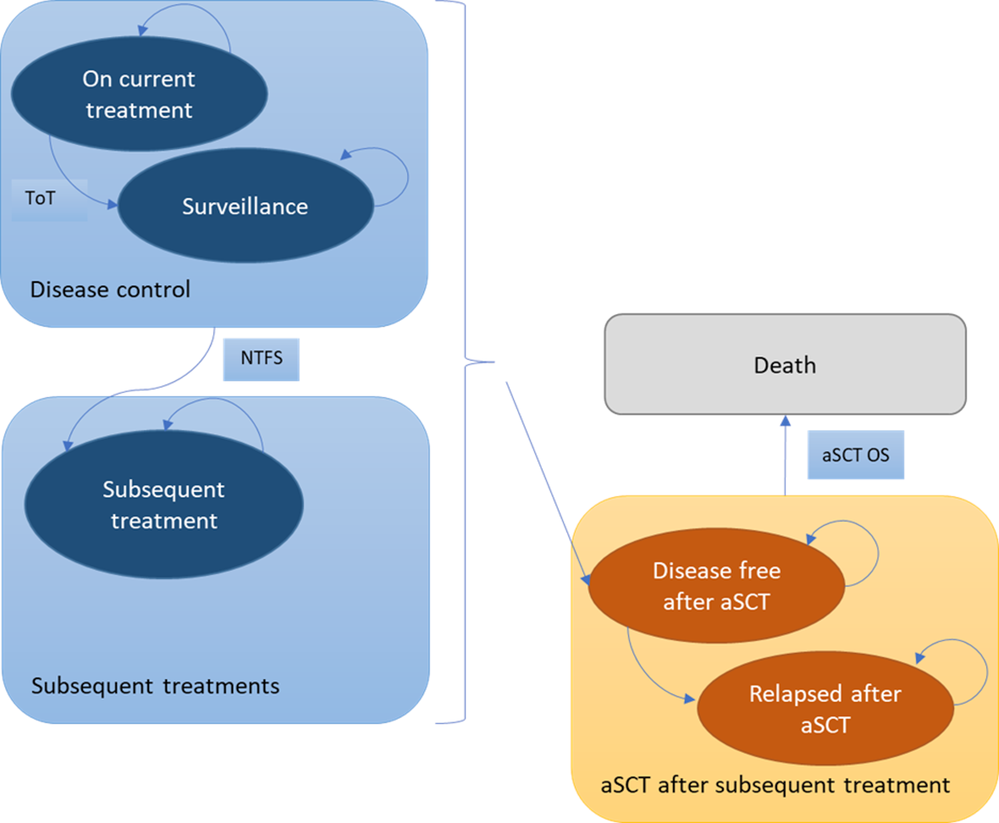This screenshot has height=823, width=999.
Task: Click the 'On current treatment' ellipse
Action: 139,94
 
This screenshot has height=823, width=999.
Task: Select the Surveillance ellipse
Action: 245,206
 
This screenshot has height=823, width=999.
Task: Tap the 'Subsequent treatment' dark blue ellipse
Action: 164,504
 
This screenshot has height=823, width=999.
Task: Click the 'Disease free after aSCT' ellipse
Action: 716,586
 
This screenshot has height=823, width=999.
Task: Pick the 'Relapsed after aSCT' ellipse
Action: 825,708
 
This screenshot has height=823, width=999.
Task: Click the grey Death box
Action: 785,364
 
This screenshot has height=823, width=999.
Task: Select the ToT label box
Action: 49,199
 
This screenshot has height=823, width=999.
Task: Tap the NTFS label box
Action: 261,359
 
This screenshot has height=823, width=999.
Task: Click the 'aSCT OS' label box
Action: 855,455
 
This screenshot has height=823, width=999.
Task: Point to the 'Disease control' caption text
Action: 110,289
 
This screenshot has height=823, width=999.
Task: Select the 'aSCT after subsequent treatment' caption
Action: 775,785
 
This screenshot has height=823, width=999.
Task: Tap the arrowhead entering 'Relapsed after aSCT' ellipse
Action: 689,699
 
